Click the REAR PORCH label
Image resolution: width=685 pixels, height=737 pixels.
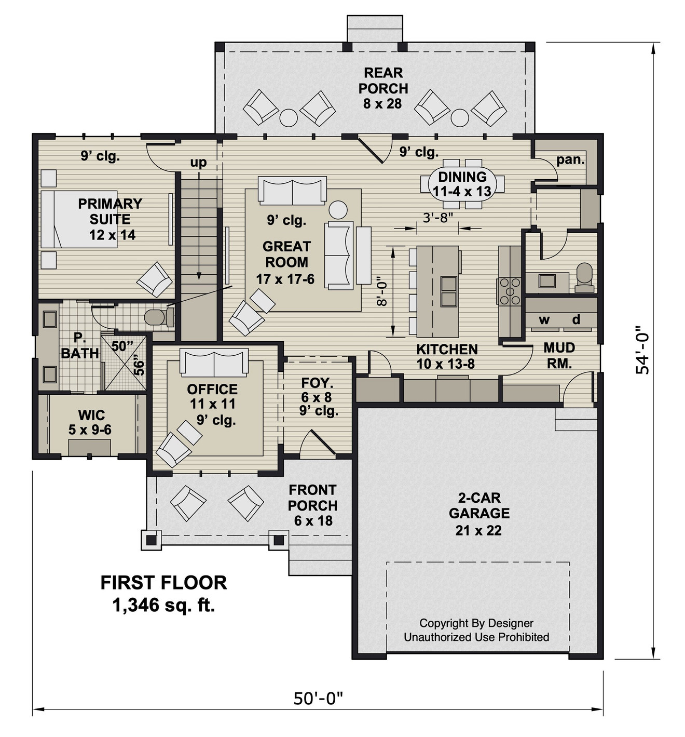383,88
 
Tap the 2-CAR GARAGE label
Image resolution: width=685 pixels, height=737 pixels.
479,514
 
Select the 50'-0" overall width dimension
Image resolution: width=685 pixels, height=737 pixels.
319,699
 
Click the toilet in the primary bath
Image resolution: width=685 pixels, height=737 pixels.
158,317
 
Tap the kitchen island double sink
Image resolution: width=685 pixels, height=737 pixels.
448,291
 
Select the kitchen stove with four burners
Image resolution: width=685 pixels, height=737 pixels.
509,291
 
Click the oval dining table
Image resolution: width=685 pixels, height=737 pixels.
462,184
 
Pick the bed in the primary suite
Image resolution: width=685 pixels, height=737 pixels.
78,219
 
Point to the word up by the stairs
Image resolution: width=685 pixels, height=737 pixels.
198,163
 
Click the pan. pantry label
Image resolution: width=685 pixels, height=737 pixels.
570,159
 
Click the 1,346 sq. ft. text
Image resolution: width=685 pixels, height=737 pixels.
163,605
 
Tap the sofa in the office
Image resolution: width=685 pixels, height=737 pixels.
214,363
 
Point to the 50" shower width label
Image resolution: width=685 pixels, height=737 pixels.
122,346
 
